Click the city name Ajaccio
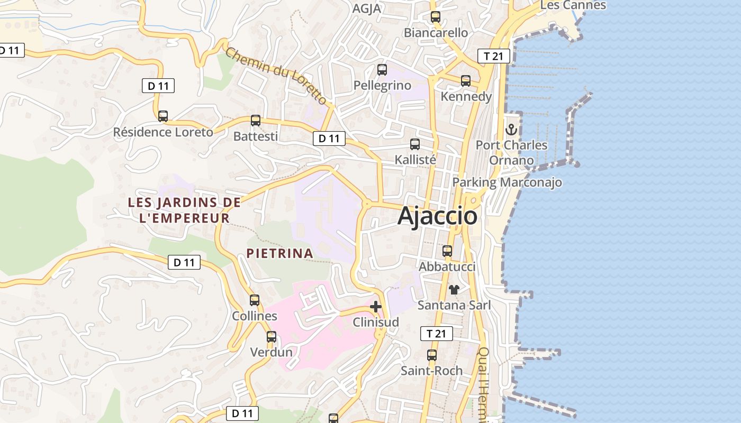(x=437, y=216)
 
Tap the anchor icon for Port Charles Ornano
(x=511, y=129)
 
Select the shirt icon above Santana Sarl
(x=454, y=289)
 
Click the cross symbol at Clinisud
(x=376, y=307)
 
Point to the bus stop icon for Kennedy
(x=466, y=81)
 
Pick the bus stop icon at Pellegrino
(x=382, y=70)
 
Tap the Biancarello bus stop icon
(x=436, y=17)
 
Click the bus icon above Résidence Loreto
(x=163, y=116)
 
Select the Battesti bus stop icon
(x=256, y=121)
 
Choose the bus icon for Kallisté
(x=415, y=144)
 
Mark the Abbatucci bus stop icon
(x=447, y=251)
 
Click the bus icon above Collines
(x=255, y=300)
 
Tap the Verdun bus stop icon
(x=272, y=336)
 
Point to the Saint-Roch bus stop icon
(x=432, y=355)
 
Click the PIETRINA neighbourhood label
(x=280, y=253)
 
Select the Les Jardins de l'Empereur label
(x=184, y=210)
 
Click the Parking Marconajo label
(x=507, y=182)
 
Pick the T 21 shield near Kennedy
(x=493, y=56)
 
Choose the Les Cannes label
(x=573, y=5)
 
